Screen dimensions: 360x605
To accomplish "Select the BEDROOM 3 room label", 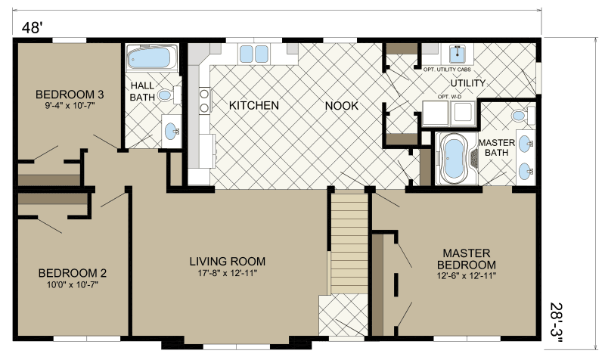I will [70, 95].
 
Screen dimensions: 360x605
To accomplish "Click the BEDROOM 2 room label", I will [72, 273].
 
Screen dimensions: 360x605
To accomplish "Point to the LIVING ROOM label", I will [227, 262].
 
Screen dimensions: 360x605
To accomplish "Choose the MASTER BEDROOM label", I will [466, 259].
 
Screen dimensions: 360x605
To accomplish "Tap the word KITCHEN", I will [254, 105].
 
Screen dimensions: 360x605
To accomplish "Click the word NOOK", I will [342, 105].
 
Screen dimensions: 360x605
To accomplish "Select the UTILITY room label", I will [467, 82].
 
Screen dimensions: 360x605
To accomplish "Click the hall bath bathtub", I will [151, 57].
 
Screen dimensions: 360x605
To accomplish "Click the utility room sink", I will [458, 53].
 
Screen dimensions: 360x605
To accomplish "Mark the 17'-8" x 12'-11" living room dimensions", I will [227, 273].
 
